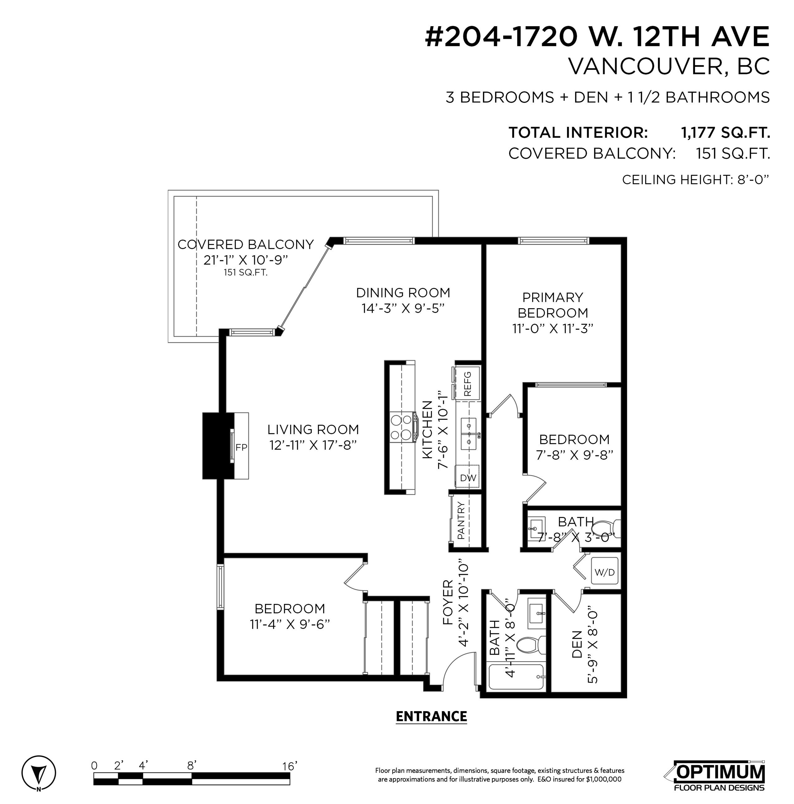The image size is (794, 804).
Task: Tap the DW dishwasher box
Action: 468,477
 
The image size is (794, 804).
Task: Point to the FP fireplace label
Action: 241,447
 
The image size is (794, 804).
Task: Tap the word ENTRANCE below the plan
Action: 431,716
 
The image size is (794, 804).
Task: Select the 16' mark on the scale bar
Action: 289,766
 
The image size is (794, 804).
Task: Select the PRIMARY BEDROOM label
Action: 552,305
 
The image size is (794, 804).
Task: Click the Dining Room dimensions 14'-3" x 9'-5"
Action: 403,308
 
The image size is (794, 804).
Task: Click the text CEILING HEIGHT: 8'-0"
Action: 695,180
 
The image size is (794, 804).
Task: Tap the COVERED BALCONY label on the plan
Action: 245,244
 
